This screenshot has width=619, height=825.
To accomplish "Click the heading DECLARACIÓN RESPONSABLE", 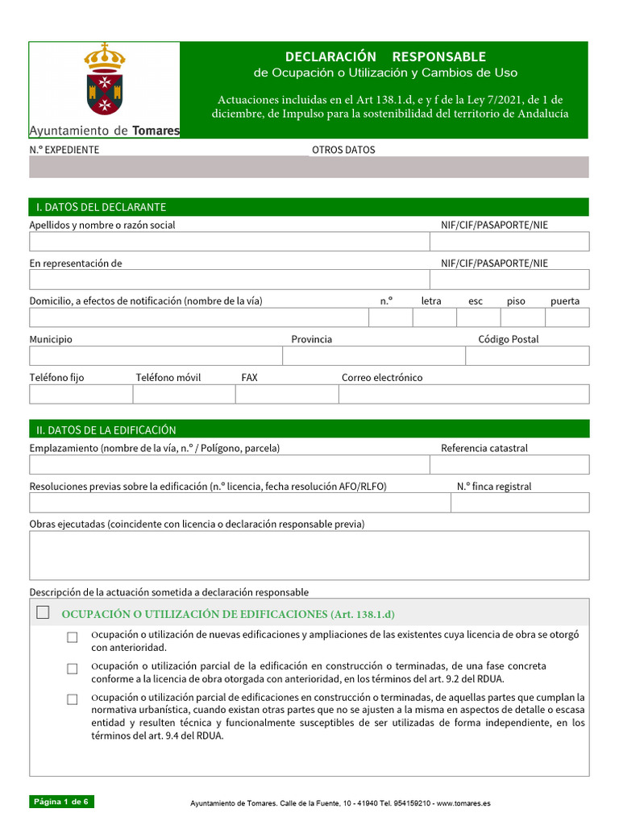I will click(x=385, y=56).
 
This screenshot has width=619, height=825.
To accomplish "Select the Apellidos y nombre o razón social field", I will click(x=229, y=242).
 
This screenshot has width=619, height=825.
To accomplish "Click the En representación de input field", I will click(x=229, y=280).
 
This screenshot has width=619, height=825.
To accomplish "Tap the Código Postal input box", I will click(x=527, y=356).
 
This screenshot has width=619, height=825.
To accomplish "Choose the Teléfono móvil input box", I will click(x=184, y=394).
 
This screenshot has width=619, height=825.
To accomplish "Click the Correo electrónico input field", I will click(x=463, y=394).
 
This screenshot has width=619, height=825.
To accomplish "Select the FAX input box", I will click(x=286, y=394).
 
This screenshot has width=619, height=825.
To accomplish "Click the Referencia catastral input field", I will click(x=509, y=465).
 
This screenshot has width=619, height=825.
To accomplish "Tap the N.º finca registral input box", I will click(x=519, y=503).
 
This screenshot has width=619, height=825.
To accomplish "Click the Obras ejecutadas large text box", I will click(x=309, y=555).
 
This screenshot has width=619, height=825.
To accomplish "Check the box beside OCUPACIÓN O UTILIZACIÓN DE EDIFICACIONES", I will click(x=44, y=613).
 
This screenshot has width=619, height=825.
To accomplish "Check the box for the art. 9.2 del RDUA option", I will click(x=73, y=669).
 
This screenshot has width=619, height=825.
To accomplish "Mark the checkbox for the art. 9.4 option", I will click(x=73, y=699).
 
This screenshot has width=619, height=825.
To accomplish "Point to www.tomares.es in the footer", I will click(x=464, y=803).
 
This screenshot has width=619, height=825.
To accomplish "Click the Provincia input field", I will click(x=374, y=356).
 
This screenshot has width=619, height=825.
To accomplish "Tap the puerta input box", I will click(x=567, y=317).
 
